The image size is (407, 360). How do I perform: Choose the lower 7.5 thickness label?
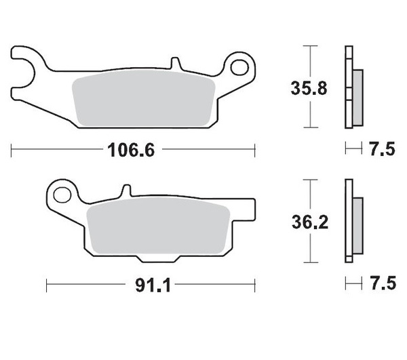(x=383, y=285)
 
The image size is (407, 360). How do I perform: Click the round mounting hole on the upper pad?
(x=240, y=66)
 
